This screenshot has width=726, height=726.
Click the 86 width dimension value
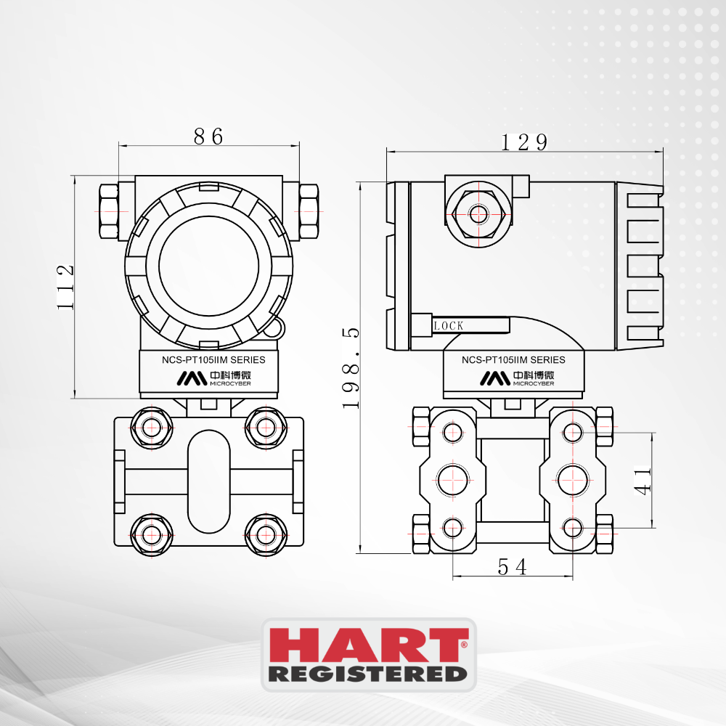click(208, 136)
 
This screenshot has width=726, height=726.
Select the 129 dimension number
click(525, 142)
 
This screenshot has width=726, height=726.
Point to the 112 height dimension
click(65, 287)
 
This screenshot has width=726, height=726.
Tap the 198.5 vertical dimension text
click(351, 368)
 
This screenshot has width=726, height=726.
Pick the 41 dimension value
click(643, 481)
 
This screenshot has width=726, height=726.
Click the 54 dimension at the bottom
click(512, 567)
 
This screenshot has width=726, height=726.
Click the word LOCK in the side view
click(449, 326)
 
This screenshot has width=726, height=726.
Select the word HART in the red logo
click(369, 645)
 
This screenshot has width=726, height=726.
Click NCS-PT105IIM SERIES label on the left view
click(213, 360)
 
